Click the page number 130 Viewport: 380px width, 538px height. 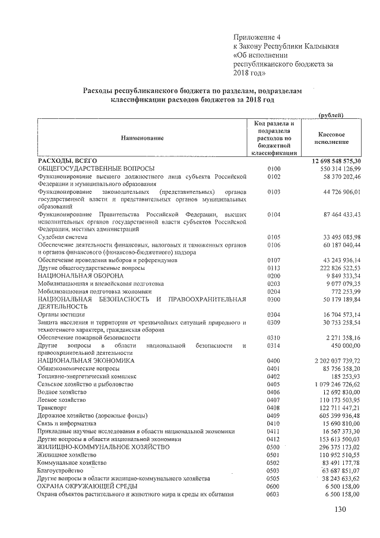click(340, 509)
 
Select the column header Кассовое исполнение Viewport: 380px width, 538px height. click(332, 139)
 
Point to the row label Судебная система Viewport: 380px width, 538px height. click(62, 237)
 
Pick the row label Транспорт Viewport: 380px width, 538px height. click(52, 408)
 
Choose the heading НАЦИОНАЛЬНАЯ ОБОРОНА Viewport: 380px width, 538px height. click(81, 276)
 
